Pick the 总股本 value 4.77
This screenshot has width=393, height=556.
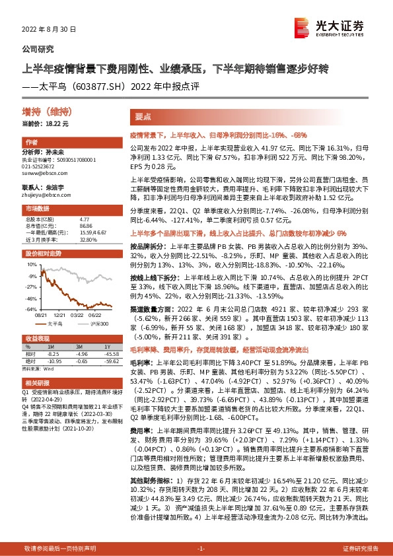click(84, 219)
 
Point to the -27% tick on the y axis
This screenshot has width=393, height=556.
click(32, 287)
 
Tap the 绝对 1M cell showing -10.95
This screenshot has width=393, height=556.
click(54, 361)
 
